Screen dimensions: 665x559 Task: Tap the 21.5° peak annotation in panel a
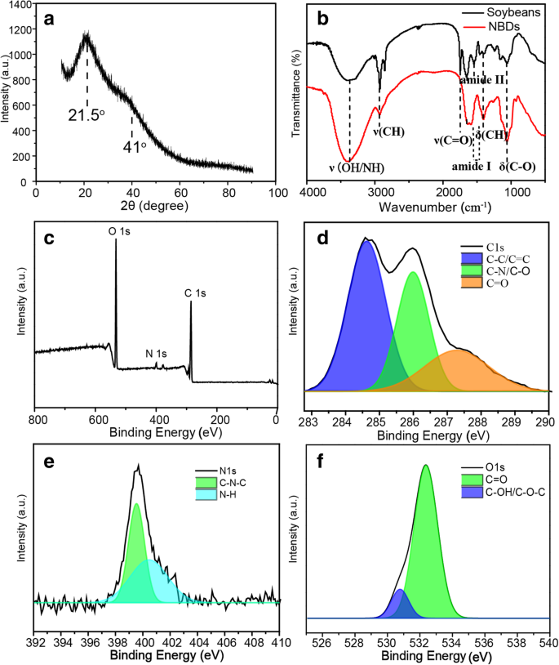(x=87, y=115)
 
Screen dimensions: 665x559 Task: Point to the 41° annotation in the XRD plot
(x=134, y=147)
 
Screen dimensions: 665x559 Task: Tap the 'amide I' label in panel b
(x=472, y=167)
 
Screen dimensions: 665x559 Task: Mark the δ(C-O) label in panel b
(x=518, y=167)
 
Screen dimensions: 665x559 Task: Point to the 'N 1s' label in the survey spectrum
(x=156, y=354)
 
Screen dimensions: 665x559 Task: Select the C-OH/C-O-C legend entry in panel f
(x=502, y=498)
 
